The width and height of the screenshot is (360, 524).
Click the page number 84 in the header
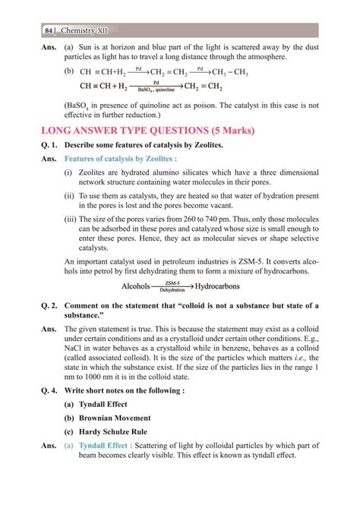[49, 30]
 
